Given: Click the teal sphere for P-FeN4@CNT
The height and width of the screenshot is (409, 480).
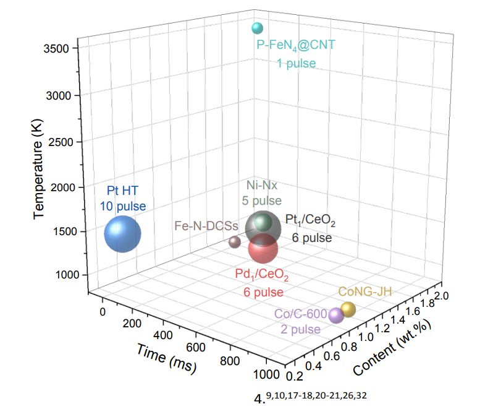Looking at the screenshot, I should (x=257, y=28).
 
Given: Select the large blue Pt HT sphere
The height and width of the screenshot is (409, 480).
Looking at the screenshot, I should (x=122, y=234).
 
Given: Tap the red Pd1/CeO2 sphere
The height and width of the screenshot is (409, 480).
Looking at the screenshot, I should (x=263, y=249).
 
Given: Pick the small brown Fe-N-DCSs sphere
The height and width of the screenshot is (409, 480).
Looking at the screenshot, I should (x=234, y=242).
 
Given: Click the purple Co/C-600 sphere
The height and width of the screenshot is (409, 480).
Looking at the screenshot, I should (x=336, y=316).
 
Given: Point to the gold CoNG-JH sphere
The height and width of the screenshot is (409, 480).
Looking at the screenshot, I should (x=348, y=309).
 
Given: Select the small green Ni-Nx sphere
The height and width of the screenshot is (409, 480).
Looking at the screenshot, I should (x=264, y=222).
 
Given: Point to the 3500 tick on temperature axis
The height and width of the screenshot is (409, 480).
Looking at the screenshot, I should (x=64, y=48).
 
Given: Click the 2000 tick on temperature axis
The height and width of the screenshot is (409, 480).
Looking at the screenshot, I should (x=64, y=187).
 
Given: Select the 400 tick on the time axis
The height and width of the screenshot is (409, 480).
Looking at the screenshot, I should (x=163, y=335).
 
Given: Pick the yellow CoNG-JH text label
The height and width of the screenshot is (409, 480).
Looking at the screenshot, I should (x=365, y=291).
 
